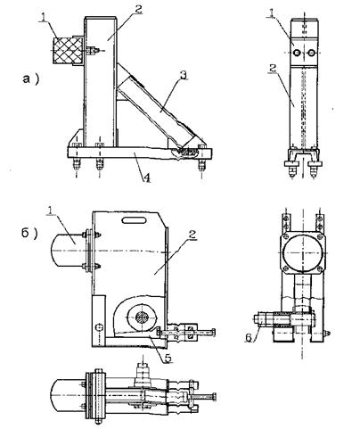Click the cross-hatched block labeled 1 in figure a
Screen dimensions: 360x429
(62, 51)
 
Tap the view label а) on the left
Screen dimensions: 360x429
(30, 79)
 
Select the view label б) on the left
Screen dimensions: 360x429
(29, 234)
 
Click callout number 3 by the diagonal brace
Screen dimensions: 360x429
(184, 75)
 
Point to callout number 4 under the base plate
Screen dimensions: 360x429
(147, 177)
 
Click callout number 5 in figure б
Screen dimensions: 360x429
(168, 359)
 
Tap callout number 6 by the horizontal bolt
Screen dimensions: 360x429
(249, 338)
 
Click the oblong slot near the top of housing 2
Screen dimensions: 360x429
(135, 220)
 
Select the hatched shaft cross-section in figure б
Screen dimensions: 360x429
(143, 318)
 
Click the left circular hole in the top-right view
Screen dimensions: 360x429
(298, 53)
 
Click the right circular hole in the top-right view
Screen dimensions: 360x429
(311, 53)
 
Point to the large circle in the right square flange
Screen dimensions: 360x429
(303, 253)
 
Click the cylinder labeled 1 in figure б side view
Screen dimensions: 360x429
(68, 251)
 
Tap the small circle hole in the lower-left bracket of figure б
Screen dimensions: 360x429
(99, 327)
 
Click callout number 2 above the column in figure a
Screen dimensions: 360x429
(137, 9)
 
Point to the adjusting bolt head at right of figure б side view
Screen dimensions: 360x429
(214, 332)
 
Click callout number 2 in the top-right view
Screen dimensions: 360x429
(273, 68)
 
